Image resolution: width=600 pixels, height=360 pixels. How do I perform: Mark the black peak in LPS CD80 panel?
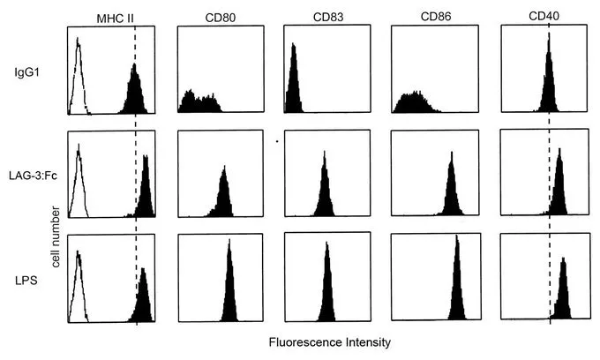coord(229,287)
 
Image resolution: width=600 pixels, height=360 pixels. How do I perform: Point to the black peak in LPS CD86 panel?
coord(457,287)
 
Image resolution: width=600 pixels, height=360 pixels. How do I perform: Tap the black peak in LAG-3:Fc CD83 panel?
coord(325,190)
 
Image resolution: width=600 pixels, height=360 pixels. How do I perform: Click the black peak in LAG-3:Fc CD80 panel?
coord(223,194)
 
